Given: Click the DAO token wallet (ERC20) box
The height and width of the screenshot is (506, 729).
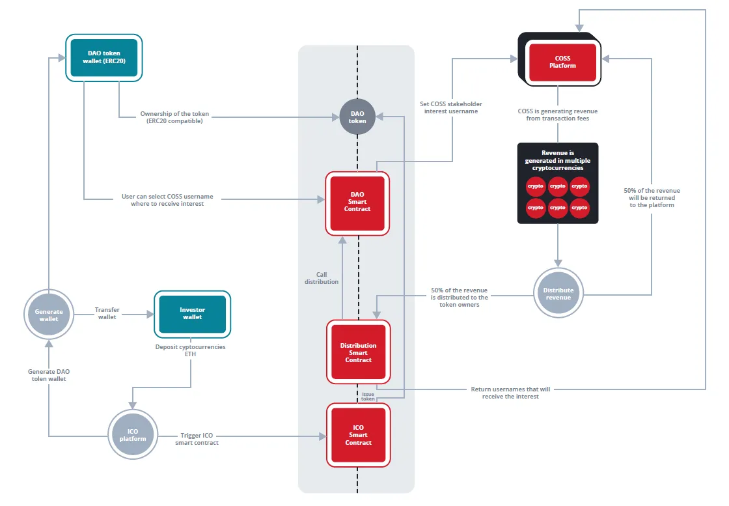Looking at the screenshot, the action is tap(103, 58).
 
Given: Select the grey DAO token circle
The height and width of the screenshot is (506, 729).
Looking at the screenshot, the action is tap(357, 117).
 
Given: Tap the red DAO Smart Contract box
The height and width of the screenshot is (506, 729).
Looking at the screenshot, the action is tap(357, 203).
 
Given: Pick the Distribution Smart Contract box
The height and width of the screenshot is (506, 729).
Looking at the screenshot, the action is tap(358, 352).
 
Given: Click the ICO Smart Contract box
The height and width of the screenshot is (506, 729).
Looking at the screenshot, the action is tap(358, 435).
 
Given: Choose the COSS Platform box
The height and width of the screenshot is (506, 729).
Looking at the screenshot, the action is tap(560, 59).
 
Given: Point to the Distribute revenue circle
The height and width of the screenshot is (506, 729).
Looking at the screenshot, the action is tap(558, 293).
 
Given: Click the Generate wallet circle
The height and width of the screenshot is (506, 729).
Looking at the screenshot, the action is tap(49, 315).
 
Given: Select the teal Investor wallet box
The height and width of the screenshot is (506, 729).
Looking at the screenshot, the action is tap(192, 314).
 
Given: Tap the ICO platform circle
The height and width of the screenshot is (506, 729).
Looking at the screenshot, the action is tap(133, 434).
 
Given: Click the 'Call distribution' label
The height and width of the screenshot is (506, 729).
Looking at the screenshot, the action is tap(322, 278).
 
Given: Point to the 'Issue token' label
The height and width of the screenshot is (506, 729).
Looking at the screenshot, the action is tap(368, 396).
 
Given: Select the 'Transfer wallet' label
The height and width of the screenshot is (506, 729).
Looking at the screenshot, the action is tap(107, 313).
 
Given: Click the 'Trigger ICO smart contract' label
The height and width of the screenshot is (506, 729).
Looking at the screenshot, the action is tap(197, 439).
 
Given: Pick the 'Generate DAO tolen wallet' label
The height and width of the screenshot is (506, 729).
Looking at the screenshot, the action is tap(49, 375).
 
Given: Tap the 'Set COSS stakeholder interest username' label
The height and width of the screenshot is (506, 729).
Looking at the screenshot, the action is tap(451, 107).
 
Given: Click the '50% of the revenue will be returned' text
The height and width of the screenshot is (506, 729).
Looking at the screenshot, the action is tap(652, 194).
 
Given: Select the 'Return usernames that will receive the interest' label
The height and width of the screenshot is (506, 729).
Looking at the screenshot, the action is tap(510, 393).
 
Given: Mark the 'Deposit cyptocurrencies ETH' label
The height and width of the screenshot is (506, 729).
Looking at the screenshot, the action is tap(190, 350).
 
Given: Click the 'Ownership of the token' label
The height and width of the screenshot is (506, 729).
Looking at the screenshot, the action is tap(174, 113).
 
